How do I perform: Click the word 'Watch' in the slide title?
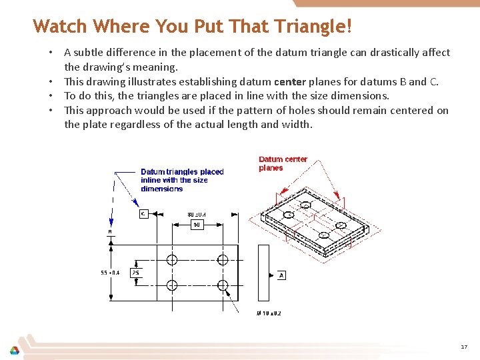point(60,27)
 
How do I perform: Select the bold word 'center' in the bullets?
point(289,81)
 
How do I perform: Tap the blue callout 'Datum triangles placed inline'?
point(182,180)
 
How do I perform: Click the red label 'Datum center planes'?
point(283,163)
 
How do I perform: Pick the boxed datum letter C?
point(143,213)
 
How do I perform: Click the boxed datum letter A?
point(282,275)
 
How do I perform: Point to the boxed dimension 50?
point(197,225)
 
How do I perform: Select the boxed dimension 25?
point(135,272)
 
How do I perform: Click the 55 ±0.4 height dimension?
point(110,272)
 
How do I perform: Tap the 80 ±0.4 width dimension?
point(197,214)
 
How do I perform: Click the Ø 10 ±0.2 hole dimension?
point(269,313)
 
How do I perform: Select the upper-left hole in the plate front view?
point(172,259)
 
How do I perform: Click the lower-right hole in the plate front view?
point(223,285)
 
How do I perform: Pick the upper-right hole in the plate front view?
point(223,259)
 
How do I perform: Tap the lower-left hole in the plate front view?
point(172,285)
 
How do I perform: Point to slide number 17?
point(464,347)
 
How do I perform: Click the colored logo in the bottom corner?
point(14,351)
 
